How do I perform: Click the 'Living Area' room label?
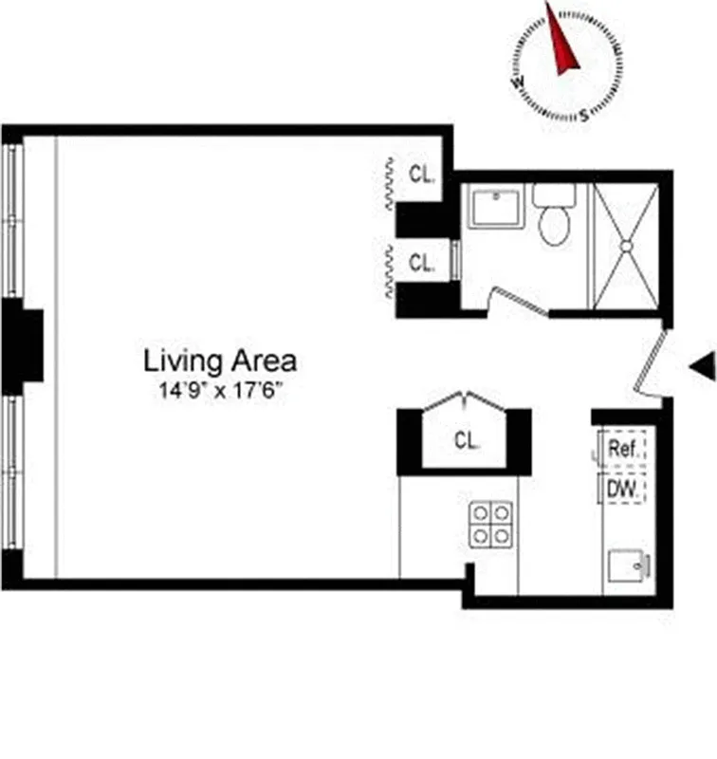[x=219, y=361]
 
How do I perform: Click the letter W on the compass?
[x=520, y=83]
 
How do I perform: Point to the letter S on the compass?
[x=584, y=116]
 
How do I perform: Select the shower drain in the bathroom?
[x=626, y=246]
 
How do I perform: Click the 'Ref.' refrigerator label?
[x=622, y=449]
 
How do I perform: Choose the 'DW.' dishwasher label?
[x=621, y=489]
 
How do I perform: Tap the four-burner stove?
[x=490, y=524]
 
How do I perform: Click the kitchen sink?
[x=628, y=566]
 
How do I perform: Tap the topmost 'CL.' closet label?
[x=422, y=174]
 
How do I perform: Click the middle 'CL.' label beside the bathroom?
[x=422, y=263]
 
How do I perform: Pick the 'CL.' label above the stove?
[x=466, y=440]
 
